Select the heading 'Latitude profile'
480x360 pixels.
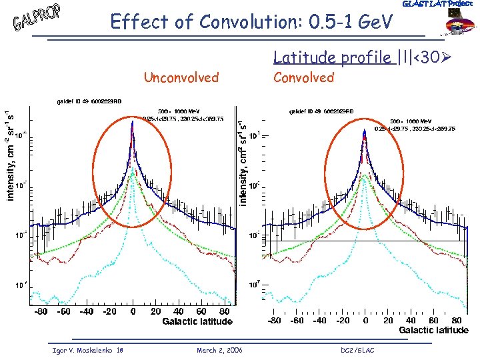pyautogui.click(x=333, y=59)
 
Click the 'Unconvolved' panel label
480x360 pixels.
pyautogui.click(x=181, y=77)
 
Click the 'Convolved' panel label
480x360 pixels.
pyautogui.click(x=303, y=77)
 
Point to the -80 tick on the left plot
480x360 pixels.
pyautogui.click(x=41, y=311)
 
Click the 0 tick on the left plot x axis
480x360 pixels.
pyautogui.click(x=133, y=311)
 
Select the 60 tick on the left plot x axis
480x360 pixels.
pyautogui.click(x=201, y=311)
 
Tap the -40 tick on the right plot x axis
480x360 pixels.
pyautogui.click(x=319, y=320)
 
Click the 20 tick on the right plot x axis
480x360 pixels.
pyautogui.click(x=389, y=320)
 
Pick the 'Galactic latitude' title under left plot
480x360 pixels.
pyautogui.click(x=197, y=321)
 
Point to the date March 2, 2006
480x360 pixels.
pyautogui.click(x=220, y=350)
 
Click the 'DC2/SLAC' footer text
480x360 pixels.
pyautogui.click(x=358, y=350)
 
